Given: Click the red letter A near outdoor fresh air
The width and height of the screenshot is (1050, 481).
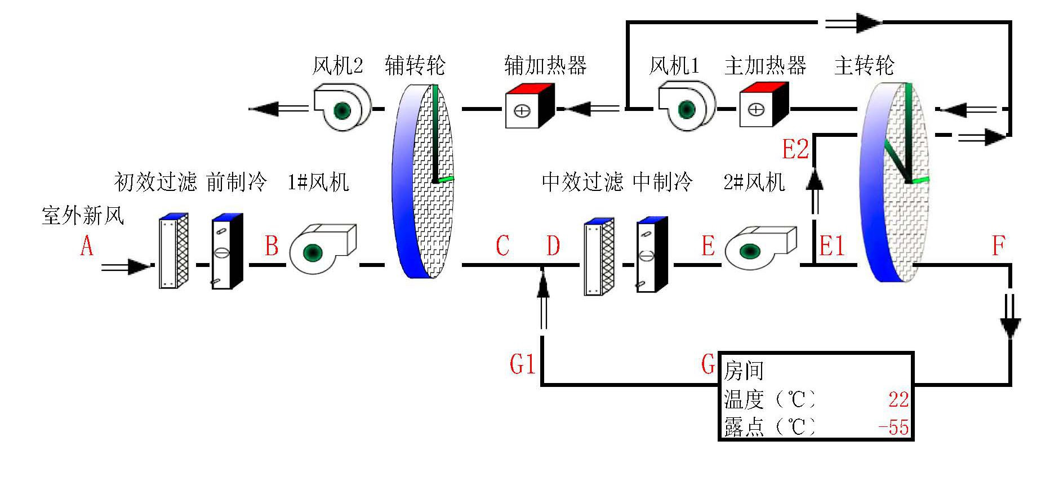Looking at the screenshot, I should (x=86, y=246).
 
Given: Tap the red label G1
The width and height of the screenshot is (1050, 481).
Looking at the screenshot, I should (x=522, y=364).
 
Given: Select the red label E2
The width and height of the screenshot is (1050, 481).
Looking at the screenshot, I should (x=795, y=149).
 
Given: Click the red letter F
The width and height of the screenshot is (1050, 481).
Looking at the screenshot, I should (x=998, y=246).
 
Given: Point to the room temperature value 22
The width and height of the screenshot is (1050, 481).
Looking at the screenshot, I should (x=898, y=400).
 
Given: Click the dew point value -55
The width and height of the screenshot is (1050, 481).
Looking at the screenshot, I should (x=894, y=427).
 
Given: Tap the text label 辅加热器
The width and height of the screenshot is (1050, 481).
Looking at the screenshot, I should (x=545, y=65).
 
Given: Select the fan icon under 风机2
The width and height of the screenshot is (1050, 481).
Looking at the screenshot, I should (x=341, y=108).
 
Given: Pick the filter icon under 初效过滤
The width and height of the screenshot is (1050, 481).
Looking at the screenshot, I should (x=173, y=251).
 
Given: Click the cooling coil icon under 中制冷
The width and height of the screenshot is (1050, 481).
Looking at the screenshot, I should (x=652, y=255).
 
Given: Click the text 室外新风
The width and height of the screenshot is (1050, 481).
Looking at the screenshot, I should (x=83, y=216).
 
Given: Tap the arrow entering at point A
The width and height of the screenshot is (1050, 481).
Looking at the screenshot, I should (x=125, y=266).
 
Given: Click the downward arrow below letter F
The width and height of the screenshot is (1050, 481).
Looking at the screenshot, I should (x=1009, y=318).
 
